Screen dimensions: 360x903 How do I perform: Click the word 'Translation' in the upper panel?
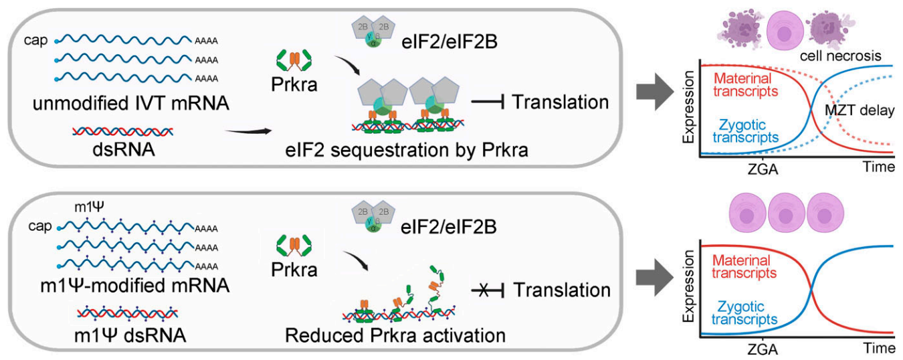561,103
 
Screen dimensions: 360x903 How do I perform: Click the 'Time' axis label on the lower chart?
877,349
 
